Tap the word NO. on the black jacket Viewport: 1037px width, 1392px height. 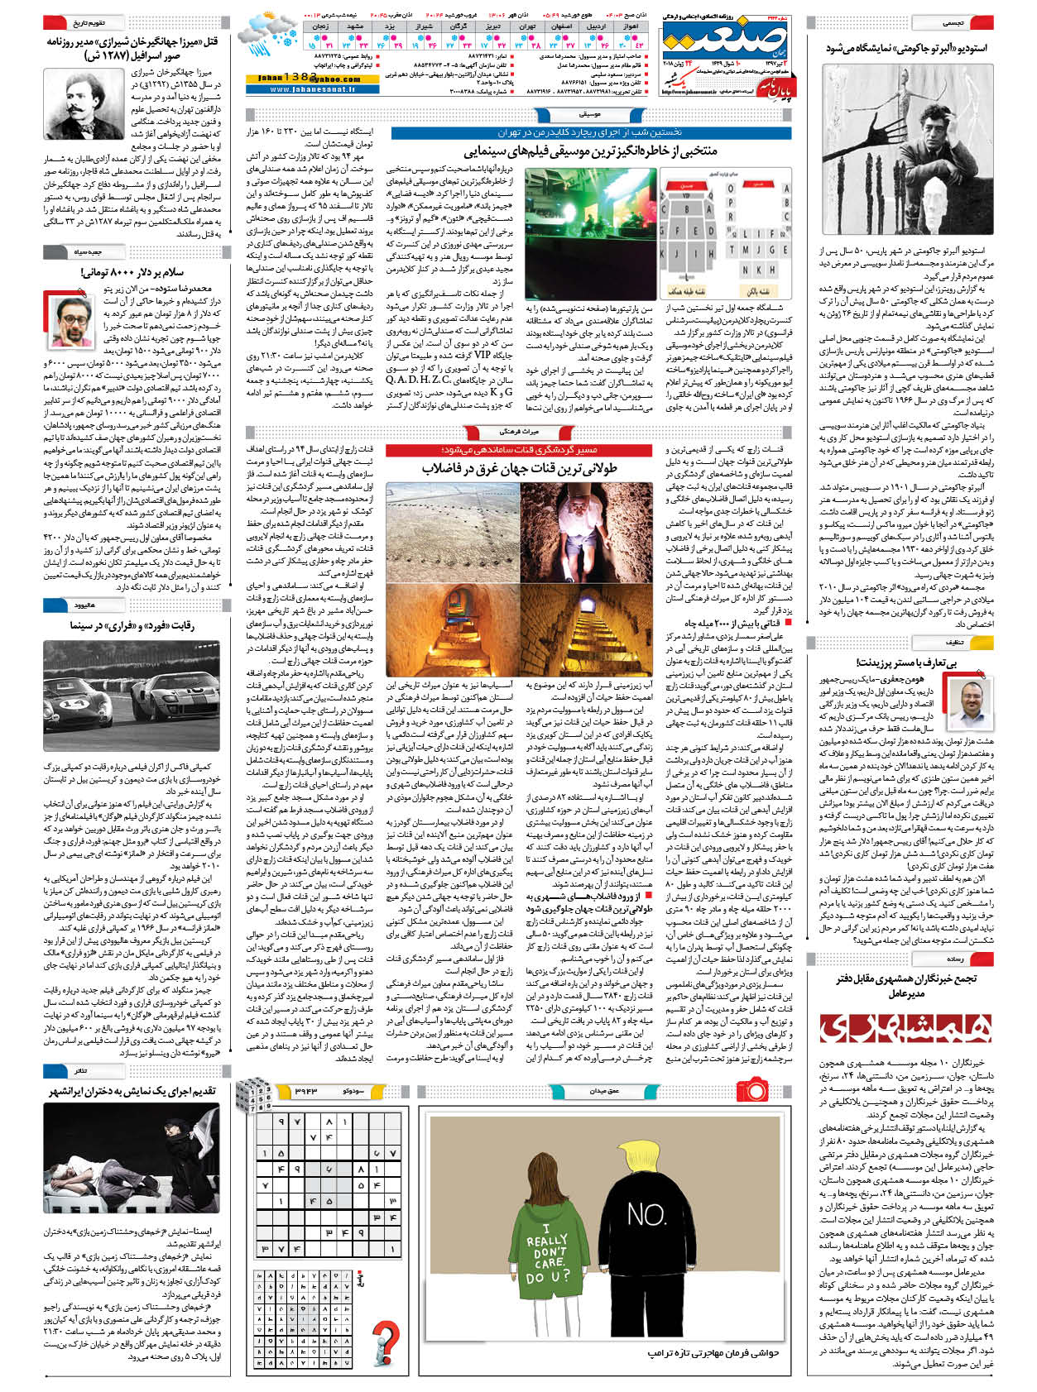[x=647, y=1213]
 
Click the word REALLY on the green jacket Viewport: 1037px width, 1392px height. [x=546, y=1240]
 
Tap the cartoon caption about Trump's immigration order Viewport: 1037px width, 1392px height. [x=711, y=1353]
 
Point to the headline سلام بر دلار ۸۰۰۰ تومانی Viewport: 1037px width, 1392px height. [x=132, y=271]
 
